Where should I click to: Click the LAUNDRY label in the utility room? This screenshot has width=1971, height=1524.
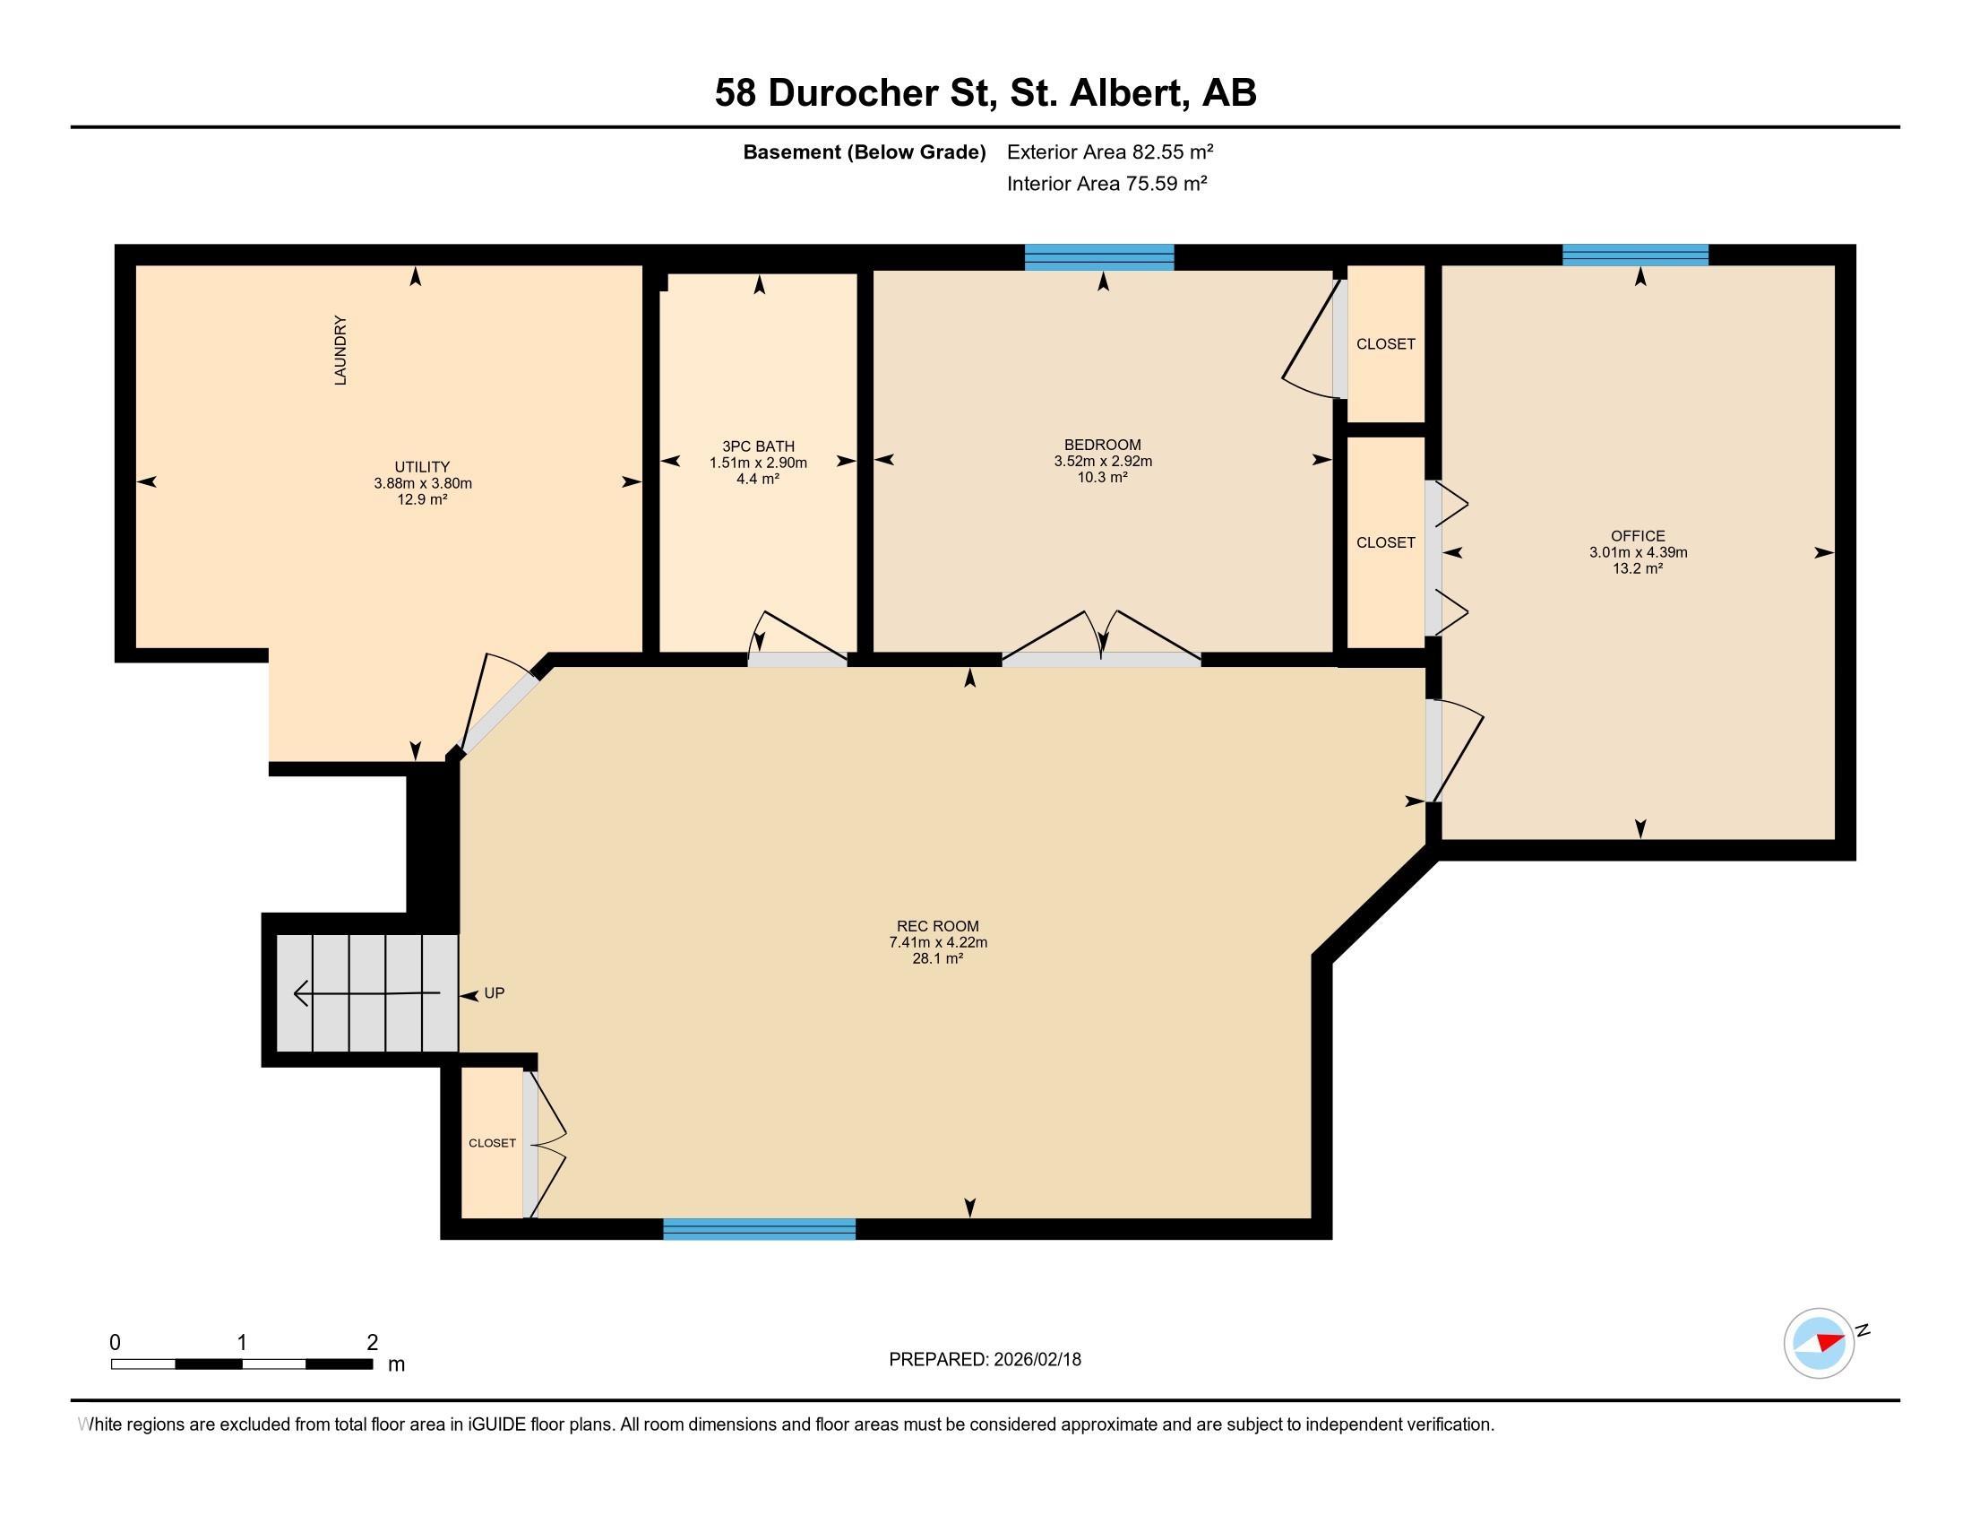(x=340, y=351)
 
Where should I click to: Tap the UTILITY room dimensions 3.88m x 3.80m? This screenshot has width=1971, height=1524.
(x=422, y=483)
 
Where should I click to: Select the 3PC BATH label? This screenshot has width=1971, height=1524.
(x=758, y=446)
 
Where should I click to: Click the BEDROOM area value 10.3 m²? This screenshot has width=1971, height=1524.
(x=1102, y=478)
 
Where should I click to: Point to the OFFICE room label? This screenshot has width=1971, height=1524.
(x=1638, y=535)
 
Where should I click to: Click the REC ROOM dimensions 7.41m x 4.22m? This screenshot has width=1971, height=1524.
(x=938, y=941)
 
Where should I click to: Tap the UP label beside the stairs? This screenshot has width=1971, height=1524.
(x=495, y=993)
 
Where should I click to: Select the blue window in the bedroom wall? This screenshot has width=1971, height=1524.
(x=1098, y=257)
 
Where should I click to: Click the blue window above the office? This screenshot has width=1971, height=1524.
(x=1634, y=255)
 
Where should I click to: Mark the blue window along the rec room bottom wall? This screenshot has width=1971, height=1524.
(x=759, y=1228)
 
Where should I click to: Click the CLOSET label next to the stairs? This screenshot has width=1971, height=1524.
(x=492, y=1143)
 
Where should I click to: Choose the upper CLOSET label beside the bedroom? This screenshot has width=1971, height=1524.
(x=1385, y=344)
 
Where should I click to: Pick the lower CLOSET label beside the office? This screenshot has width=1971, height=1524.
(x=1385, y=542)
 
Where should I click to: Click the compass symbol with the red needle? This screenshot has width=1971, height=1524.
(x=1819, y=1343)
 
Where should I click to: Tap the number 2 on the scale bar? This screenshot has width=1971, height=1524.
(x=372, y=1342)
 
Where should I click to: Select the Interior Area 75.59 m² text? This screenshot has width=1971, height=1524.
(x=1106, y=184)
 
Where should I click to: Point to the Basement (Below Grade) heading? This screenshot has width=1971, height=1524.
(x=864, y=152)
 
